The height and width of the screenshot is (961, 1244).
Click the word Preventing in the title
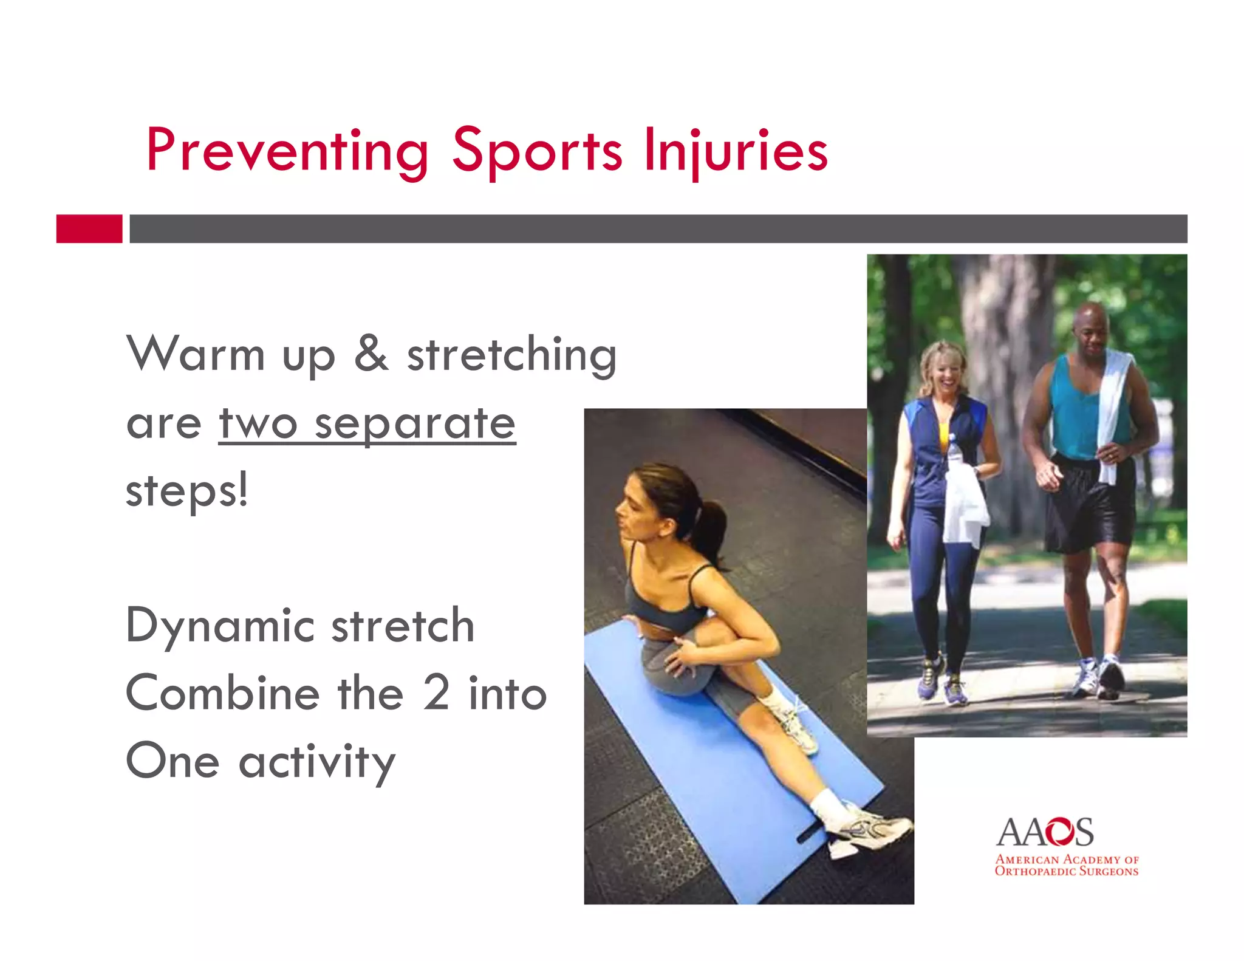287,151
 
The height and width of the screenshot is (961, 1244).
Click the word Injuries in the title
736,151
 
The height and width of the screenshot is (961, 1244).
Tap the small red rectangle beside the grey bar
89,228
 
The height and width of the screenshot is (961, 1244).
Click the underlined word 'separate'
415,423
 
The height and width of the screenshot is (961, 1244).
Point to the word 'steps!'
187,491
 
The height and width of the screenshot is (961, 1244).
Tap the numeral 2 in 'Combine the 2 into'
436,693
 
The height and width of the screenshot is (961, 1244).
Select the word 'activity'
317,762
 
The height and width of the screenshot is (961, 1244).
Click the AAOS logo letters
1045,833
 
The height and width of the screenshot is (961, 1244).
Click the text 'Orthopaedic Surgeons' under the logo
1066,872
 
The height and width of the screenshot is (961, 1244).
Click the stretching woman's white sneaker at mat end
875,829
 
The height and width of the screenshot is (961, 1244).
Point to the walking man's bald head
1090,316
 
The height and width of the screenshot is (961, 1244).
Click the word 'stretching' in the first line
512,355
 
